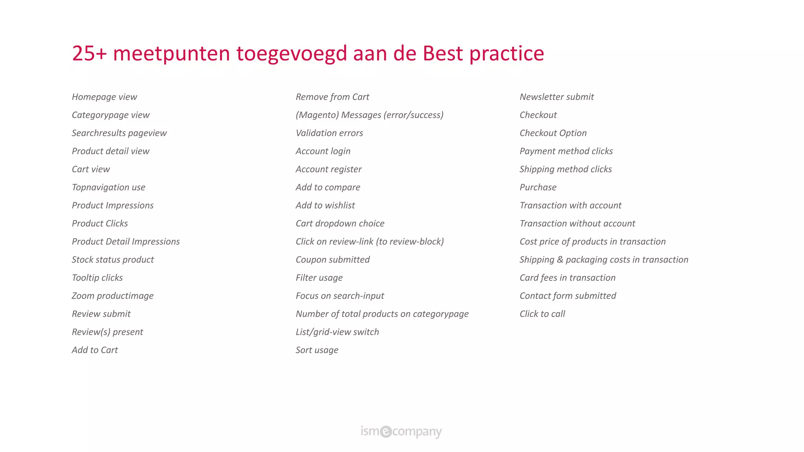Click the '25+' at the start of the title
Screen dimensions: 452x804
tap(89, 53)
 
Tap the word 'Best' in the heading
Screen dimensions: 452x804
tap(442, 53)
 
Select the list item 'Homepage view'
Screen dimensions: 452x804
tap(104, 97)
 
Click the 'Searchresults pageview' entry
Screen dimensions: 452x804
tap(119, 133)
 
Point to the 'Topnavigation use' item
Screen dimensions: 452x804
tap(108, 187)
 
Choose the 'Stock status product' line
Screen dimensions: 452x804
tap(113, 259)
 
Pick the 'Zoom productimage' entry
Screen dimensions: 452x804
tap(112, 295)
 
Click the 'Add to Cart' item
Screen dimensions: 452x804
tap(95, 350)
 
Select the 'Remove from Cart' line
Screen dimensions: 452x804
tap(332, 97)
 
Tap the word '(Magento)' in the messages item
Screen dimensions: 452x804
tap(317, 115)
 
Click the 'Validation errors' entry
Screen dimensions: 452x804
tap(329, 133)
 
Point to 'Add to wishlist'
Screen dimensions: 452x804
tap(325, 205)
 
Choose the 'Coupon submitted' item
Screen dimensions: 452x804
tap(333, 259)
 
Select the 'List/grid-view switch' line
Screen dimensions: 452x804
tap(337, 332)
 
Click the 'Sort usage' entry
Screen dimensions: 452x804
tap(317, 350)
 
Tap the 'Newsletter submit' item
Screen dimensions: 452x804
tap(556, 97)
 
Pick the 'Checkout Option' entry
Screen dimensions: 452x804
tap(553, 133)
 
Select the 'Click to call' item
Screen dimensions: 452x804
tap(542, 313)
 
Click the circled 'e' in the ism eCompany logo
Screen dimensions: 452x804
tap(386, 431)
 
